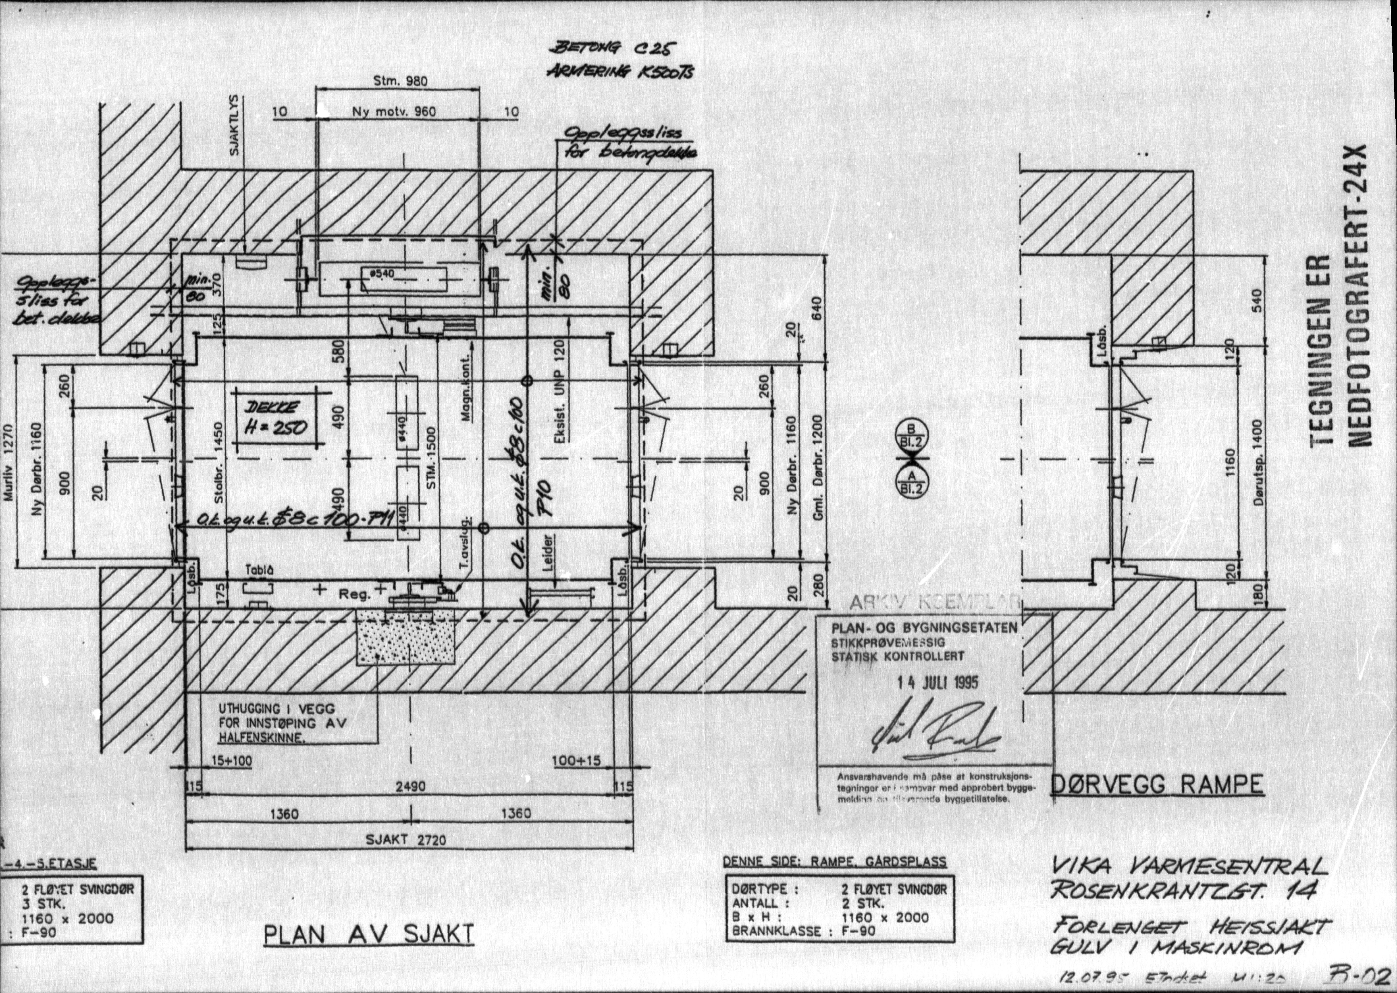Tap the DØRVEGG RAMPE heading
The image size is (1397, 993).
point(1157,785)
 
